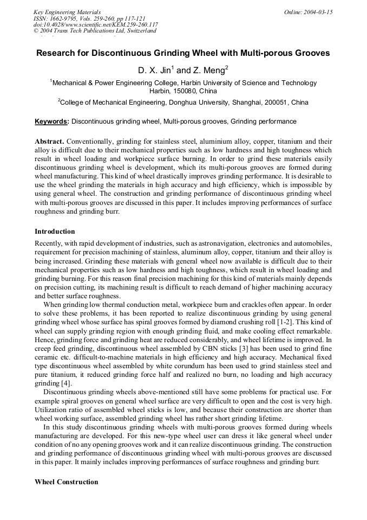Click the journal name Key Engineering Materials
67,12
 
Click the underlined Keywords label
52,121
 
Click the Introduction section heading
55,232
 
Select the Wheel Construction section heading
67,482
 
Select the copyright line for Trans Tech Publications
95,31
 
